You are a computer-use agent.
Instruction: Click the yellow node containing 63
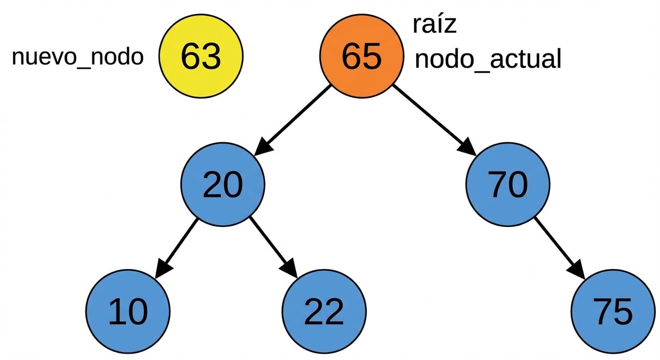click(x=201, y=56)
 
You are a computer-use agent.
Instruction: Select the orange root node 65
click(x=361, y=56)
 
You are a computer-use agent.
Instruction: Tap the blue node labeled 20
click(x=223, y=184)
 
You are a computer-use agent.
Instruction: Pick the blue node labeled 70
click(x=508, y=184)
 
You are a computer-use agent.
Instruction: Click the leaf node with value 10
click(x=127, y=311)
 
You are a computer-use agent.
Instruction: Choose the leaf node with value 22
click(x=324, y=311)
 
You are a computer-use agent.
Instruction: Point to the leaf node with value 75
click(x=613, y=311)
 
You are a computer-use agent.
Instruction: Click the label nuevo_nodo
click(x=77, y=57)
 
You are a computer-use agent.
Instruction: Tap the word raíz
click(x=435, y=25)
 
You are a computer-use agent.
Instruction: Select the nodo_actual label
click(x=488, y=60)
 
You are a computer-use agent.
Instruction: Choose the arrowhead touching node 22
click(x=289, y=269)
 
